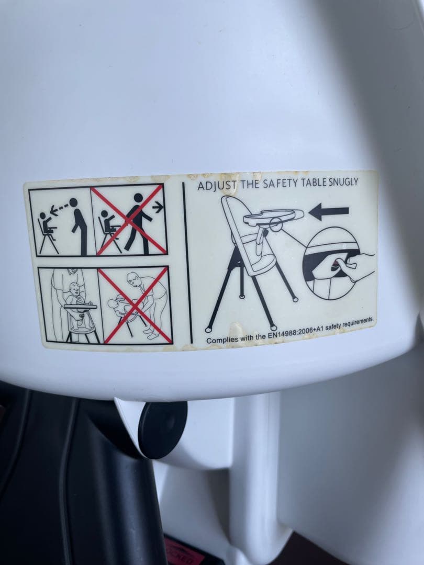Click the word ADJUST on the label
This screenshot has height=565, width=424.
(x=217, y=186)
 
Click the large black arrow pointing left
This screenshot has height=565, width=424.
(x=328, y=211)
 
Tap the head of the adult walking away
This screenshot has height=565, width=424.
(x=138, y=198)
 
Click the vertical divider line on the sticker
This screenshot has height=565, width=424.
(x=187, y=263)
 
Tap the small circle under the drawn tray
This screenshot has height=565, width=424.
(x=276, y=225)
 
